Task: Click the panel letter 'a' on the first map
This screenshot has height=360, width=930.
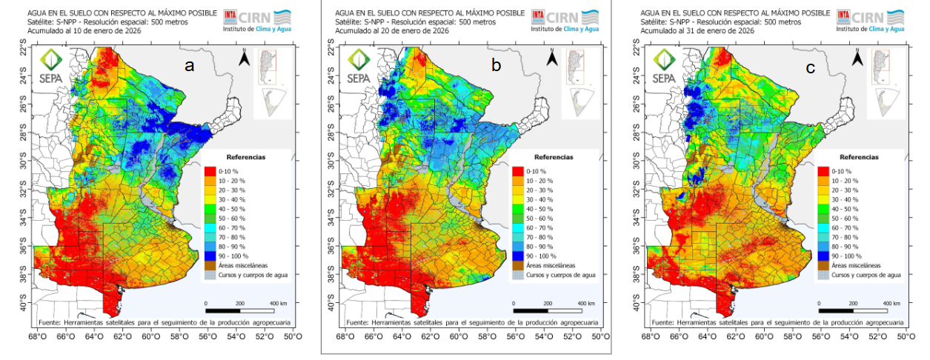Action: click(x=190, y=66)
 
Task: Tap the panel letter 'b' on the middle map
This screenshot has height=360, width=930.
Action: click(x=496, y=66)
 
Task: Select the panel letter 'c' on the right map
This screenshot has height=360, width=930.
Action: click(x=811, y=68)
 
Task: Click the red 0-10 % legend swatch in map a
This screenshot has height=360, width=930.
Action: click(x=210, y=172)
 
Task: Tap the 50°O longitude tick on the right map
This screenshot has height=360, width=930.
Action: click(x=905, y=337)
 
